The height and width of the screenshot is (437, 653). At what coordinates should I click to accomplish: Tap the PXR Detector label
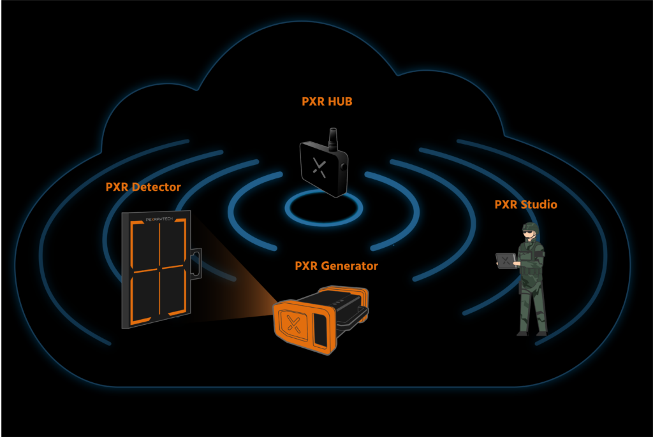tap(143, 187)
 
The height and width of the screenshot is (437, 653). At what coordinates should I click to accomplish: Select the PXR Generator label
tap(336, 266)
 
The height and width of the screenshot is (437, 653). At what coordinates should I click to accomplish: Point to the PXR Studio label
tap(526, 204)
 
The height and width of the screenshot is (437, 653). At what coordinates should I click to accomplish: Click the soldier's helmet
tap(531, 227)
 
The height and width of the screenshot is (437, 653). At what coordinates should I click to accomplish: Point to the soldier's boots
tap(532, 332)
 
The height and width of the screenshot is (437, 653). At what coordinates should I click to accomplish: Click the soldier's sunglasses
tap(527, 234)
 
